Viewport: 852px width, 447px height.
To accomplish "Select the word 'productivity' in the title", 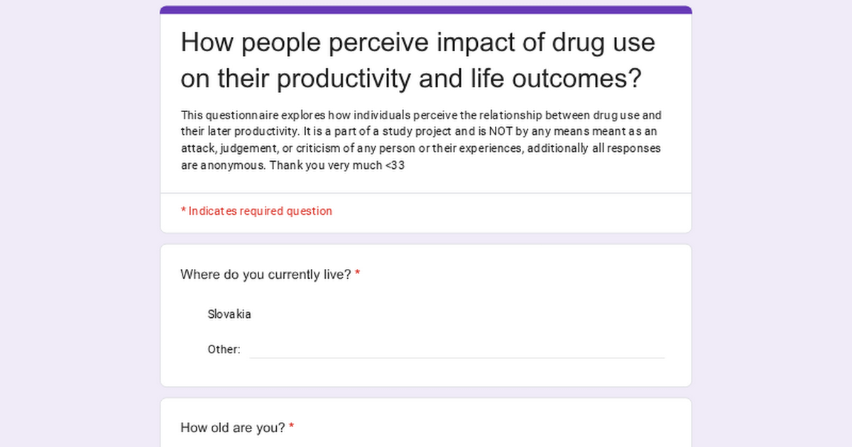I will pyautogui.click(x=344, y=79).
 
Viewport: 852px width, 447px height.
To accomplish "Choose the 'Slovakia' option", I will pyautogui.click(x=229, y=314).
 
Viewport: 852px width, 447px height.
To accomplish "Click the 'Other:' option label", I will pyautogui.click(x=224, y=349).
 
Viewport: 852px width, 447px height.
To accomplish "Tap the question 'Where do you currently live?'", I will pyautogui.click(x=266, y=275).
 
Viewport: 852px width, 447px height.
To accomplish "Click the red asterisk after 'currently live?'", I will pyautogui.click(x=358, y=274).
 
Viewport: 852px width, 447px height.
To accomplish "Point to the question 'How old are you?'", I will pyautogui.click(x=233, y=428).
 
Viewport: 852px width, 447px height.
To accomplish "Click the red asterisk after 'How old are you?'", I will pyautogui.click(x=292, y=427).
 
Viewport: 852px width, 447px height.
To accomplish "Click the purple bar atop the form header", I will pyautogui.click(x=426, y=10).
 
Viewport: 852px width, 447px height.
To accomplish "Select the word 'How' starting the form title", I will pyautogui.click(x=204, y=43).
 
